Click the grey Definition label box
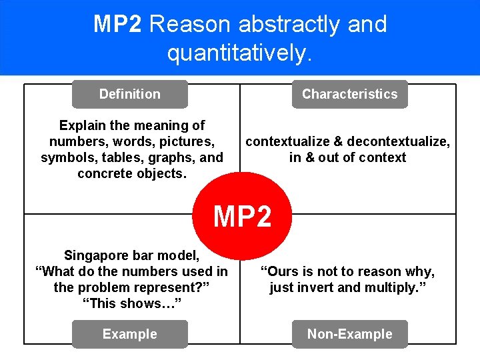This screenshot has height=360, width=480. tap(130, 94)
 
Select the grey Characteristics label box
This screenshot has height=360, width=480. tap(349, 94)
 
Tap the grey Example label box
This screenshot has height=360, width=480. tap(130, 334)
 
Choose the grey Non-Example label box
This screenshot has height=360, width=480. tap(349, 334)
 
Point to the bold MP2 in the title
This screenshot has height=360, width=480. tap(117, 24)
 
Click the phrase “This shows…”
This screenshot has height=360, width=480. tap(131, 303)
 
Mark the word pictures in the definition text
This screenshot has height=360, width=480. tap(187, 141)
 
